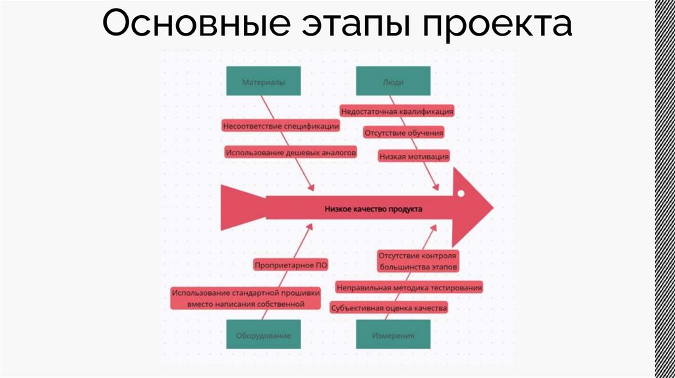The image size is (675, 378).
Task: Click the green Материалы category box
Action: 263,82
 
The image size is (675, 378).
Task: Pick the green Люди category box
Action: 394,82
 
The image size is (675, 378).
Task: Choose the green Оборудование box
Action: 263,335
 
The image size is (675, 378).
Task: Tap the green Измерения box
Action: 394,335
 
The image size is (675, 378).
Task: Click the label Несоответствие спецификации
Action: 281,125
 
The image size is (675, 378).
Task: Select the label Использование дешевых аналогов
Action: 291,152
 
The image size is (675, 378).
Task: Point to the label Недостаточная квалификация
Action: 397,112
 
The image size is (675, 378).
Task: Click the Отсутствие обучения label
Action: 403,133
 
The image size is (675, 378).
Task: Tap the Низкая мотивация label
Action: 414,156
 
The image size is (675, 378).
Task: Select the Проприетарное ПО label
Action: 291,265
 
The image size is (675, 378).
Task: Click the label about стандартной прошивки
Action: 245,298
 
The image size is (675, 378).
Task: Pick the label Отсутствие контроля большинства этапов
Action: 417,261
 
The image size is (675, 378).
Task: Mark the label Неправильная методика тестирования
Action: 409,288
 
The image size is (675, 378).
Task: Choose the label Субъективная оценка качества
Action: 390,308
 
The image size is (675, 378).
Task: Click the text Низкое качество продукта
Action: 372,209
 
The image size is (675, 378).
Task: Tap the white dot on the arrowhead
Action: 462,194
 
